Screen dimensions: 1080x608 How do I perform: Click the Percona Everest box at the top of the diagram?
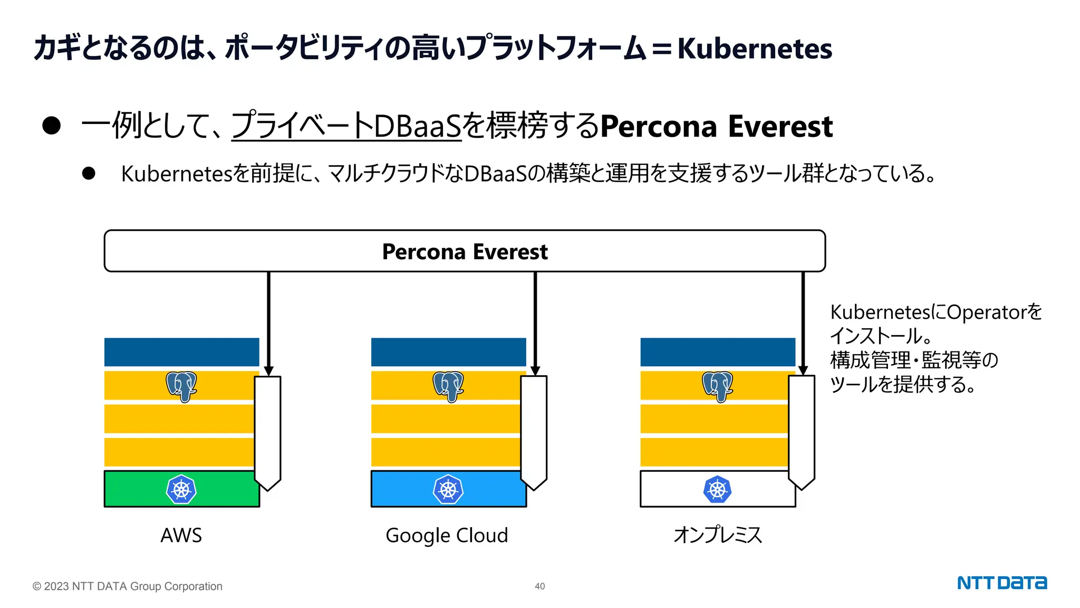coord(465,251)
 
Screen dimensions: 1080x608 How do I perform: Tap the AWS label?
coord(181,535)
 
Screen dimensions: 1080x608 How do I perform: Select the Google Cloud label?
coord(447,535)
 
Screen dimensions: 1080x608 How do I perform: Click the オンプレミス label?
coord(718,535)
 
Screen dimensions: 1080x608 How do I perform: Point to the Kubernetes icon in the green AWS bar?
coord(181,489)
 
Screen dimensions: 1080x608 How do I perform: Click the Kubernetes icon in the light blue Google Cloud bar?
coord(448,489)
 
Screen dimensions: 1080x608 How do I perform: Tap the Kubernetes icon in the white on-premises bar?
coord(717,489)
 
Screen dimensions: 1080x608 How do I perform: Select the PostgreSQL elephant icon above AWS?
coord(181,386)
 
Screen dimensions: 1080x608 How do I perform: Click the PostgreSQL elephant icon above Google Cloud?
coord(448,386)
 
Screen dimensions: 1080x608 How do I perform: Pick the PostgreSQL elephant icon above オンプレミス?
coord(717,386)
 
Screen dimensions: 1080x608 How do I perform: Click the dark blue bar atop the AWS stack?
coord(181,352)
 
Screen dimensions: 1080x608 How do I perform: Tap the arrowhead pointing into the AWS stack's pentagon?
coord(268,370)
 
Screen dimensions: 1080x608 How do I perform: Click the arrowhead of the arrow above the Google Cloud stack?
coord(535,370)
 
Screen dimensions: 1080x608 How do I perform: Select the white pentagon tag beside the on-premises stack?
coord(802,430)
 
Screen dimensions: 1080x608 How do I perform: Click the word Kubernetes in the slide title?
coord(755,49)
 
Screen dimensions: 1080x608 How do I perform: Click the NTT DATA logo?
coord(1001,583)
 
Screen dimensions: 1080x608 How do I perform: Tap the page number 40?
coord(539,586)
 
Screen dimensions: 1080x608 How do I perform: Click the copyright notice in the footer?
coord(128,586)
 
